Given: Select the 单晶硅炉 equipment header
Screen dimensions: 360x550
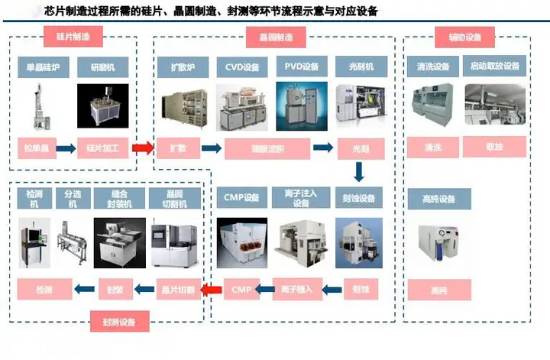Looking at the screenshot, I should pyautogui.click(x=44, y=67).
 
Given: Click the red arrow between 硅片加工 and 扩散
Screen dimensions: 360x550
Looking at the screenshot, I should pyautogui.click(x=141, y=148).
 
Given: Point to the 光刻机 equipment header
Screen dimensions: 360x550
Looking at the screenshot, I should pyautogui.click(x=360, y=67).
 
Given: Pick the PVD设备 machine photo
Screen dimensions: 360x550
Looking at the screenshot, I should pyautogui.click(x=300, y=106).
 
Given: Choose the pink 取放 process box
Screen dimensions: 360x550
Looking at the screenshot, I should pyautogui.click(x=494, y=147).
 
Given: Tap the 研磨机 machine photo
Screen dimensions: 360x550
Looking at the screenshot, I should pyautogui.click(x=104, y=106).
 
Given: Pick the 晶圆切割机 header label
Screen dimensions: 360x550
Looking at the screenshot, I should pyautogui.click(x=175, y=199).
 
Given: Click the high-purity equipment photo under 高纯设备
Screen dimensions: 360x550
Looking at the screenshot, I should pyautogui.click(x=438, y=246).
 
